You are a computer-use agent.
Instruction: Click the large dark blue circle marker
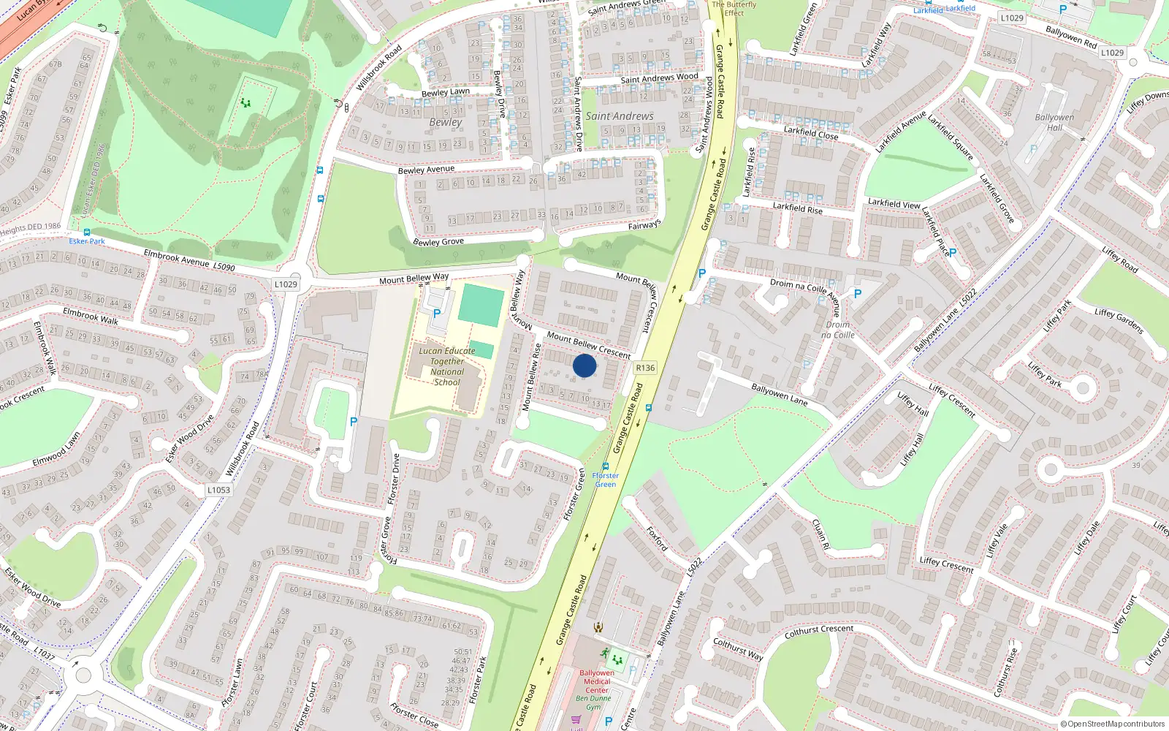(x=584, y=365)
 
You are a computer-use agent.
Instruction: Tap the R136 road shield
(x=645, y=368)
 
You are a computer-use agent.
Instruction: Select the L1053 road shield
(x=218, y=490)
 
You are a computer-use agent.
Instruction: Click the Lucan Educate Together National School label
(x=447, y=366)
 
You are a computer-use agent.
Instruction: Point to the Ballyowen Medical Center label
(x=597, y=681)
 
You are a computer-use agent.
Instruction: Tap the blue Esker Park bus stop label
(x=87, y=241)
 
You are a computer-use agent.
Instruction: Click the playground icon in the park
(x=246, y=103)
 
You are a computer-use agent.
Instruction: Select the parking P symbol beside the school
(x=437, y=314)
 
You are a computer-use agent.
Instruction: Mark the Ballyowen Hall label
(x=1054, y=122)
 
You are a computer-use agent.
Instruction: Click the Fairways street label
(x=644, y=225)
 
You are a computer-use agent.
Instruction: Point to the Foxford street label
(x=657, y=539)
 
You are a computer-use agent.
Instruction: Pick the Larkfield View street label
(x=894, y=203)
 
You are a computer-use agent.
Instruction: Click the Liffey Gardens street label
(x=1119, y=321)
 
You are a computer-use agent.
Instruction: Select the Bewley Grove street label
(x=438, y=241)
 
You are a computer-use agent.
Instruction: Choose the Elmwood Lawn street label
(x=56, y=450)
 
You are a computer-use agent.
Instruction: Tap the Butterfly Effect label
(x=734, y=8)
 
